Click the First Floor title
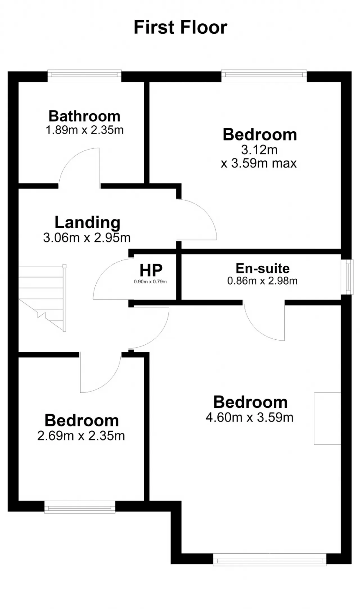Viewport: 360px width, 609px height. click(180, 28)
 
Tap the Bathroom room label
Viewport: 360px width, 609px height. click(84, 116)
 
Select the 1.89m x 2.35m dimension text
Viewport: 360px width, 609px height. click(84, 130)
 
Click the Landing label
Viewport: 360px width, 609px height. click(87, 223)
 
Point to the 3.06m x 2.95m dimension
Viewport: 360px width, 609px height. click(87, 238)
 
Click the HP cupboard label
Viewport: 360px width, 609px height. click(151, 270)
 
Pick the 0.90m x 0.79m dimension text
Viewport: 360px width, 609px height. click(150, 282)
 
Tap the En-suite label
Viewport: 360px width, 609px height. click(263, 268)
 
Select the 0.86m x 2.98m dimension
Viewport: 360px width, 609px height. click(262, 281)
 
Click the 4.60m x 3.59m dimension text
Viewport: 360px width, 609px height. click(249, 418)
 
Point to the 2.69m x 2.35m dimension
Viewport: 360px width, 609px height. click(81, 436)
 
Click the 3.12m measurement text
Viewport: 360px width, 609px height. click(259, 150)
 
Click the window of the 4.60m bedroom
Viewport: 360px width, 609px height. click(269, 559)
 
